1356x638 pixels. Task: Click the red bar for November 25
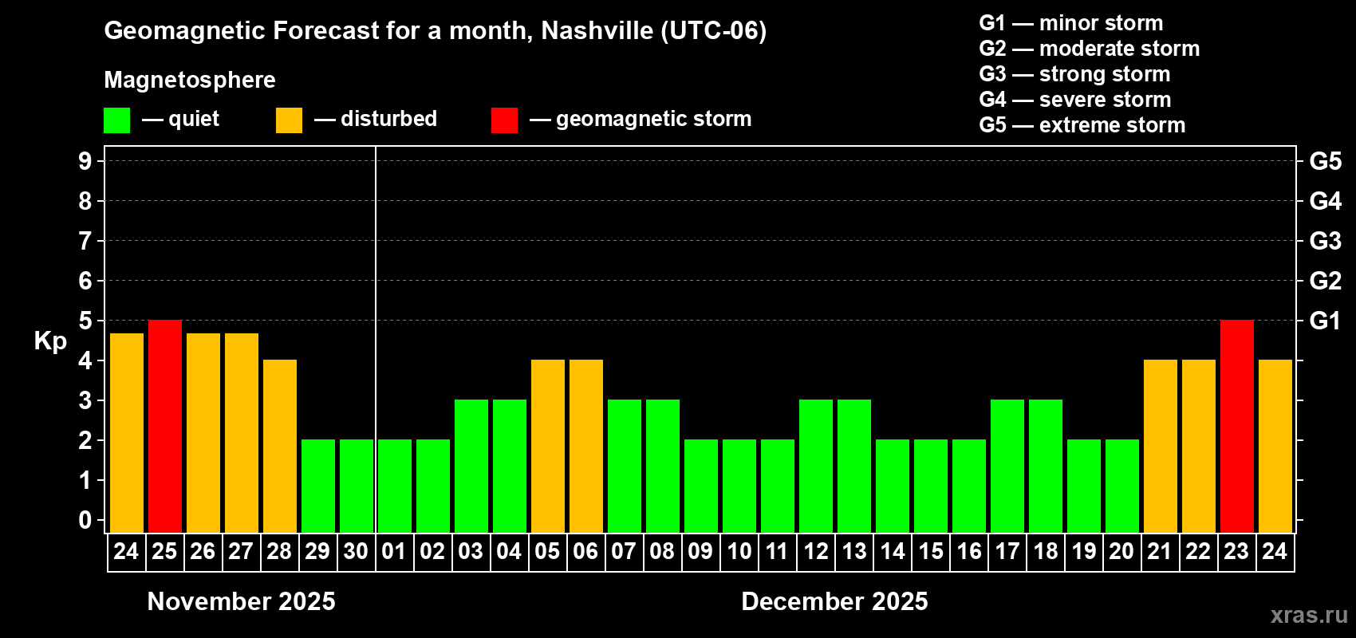165,427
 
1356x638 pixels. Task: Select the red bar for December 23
1237,427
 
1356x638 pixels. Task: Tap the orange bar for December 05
548,447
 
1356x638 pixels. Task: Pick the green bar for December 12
816,467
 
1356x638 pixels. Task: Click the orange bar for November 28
280,447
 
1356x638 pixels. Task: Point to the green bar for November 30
357,486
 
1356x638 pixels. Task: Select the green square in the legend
117,120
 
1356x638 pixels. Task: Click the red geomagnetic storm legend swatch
504,120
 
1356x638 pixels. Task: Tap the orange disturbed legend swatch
289,120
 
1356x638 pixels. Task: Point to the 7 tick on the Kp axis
85,241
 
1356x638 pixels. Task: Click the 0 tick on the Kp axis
85,520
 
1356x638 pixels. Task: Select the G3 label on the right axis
1325,241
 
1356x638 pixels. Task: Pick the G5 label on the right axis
1325,161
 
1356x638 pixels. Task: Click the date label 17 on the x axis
1007,552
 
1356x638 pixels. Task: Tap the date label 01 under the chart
394,552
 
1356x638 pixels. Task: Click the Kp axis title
50,341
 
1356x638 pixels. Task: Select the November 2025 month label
242,601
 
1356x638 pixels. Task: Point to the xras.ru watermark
1309,615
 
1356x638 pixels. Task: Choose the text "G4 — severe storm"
1075,100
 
